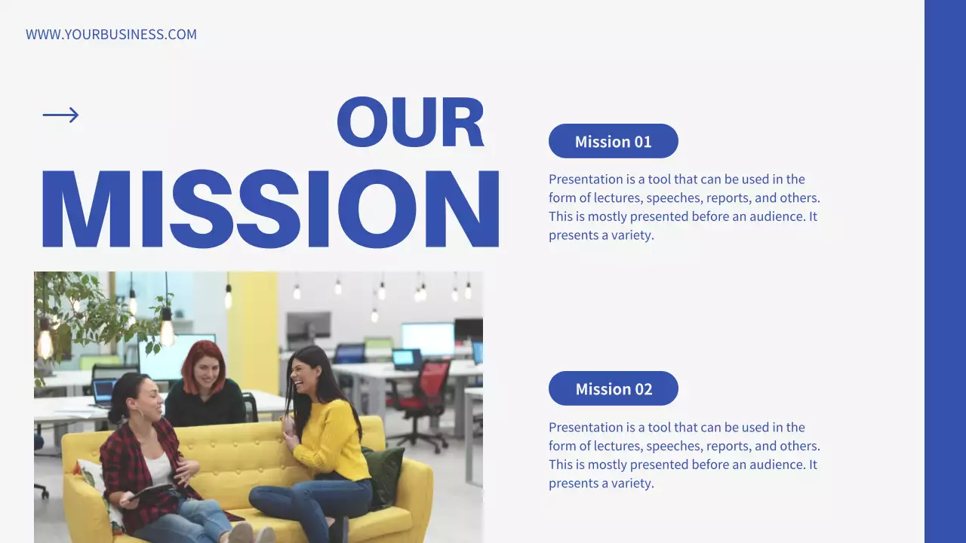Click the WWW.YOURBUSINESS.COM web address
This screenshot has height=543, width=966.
click(x=111, y=35)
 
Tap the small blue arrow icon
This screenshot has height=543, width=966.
click(x=60, y=115)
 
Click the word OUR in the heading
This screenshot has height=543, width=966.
click(x=410, y=122)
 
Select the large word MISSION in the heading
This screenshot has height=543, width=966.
click(x=269, y=209)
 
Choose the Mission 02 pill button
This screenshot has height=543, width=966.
click(x=613, y=388)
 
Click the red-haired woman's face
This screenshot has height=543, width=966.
click(x=205, y=370)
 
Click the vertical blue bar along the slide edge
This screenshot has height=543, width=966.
click(x=945, y=271)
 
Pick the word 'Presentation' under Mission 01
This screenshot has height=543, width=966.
click(x=586, y=179)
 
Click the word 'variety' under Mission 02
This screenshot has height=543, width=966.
click(x=630, y=483)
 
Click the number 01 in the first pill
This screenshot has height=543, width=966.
click(x=642, y=142)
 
